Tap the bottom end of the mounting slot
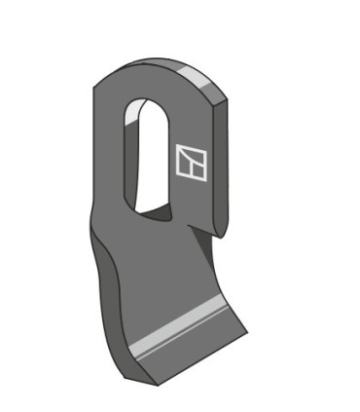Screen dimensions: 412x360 coord(149,208)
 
